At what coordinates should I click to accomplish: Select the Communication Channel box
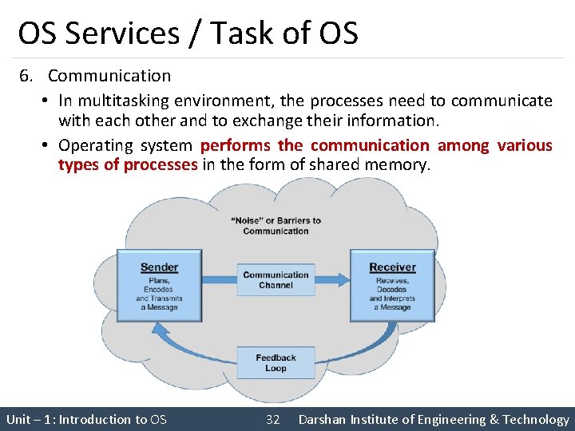[x=276, y=279]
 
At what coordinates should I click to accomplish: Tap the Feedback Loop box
[x=276, y=363]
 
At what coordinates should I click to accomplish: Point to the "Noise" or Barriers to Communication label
[x=276, y=226]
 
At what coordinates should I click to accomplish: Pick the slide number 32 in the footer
[x=272, y=419]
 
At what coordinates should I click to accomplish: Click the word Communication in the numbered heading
[x=109, y=76]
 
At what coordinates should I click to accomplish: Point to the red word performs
[x=236, y=145]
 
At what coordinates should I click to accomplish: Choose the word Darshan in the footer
[x=323, y=419]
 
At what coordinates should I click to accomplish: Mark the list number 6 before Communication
[x=26, y=76]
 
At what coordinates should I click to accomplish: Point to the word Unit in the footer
[x=18, y=419]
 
